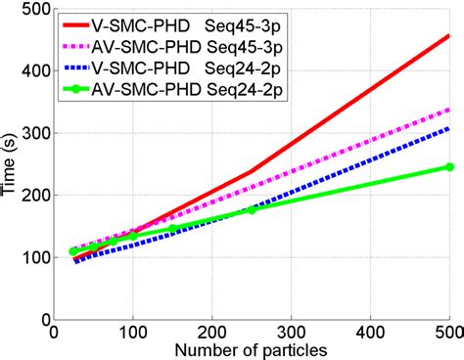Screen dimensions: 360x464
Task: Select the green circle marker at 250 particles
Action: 252,209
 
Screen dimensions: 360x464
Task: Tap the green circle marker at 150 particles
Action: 172,229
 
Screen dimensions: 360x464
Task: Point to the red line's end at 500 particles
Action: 448,35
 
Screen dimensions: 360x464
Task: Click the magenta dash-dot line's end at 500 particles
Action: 448,110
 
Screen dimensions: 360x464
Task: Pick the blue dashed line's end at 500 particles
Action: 448,128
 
